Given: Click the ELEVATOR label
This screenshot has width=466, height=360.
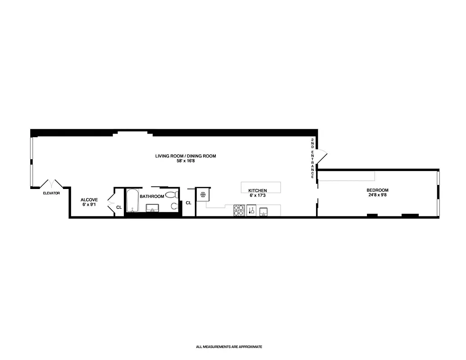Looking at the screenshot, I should (x=51, y=193).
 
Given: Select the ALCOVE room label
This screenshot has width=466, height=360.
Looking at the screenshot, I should (x=89, y=199).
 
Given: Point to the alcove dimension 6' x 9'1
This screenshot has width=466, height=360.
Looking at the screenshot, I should (x=89, y=205).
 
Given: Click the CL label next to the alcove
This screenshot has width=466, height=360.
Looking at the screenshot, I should (x=119, y=207).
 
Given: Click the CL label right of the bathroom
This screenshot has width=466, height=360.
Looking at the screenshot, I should (x=188, y=203).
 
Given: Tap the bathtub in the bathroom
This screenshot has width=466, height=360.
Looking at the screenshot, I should (x=132, y=201).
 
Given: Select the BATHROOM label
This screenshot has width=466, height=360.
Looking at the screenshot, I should (x=152, y=197).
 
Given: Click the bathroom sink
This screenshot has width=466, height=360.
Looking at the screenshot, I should (x=153, y=208).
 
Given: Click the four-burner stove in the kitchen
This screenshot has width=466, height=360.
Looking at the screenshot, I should (x=239, y=210).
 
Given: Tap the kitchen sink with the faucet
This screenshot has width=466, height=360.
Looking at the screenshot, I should (x=252, y=210).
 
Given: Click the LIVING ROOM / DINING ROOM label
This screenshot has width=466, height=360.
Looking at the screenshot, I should (x=185, y=156).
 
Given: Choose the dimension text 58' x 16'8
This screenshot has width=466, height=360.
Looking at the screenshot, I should (x=185, y=161).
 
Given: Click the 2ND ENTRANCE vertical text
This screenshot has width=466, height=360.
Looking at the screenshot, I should (x=312, y=159).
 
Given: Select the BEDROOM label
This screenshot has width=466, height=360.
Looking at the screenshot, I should (x=377, y=190).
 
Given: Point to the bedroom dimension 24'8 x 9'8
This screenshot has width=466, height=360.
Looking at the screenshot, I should (x=377, y=195).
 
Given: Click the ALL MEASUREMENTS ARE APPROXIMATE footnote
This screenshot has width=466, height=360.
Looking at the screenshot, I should (x=229, y=347).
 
